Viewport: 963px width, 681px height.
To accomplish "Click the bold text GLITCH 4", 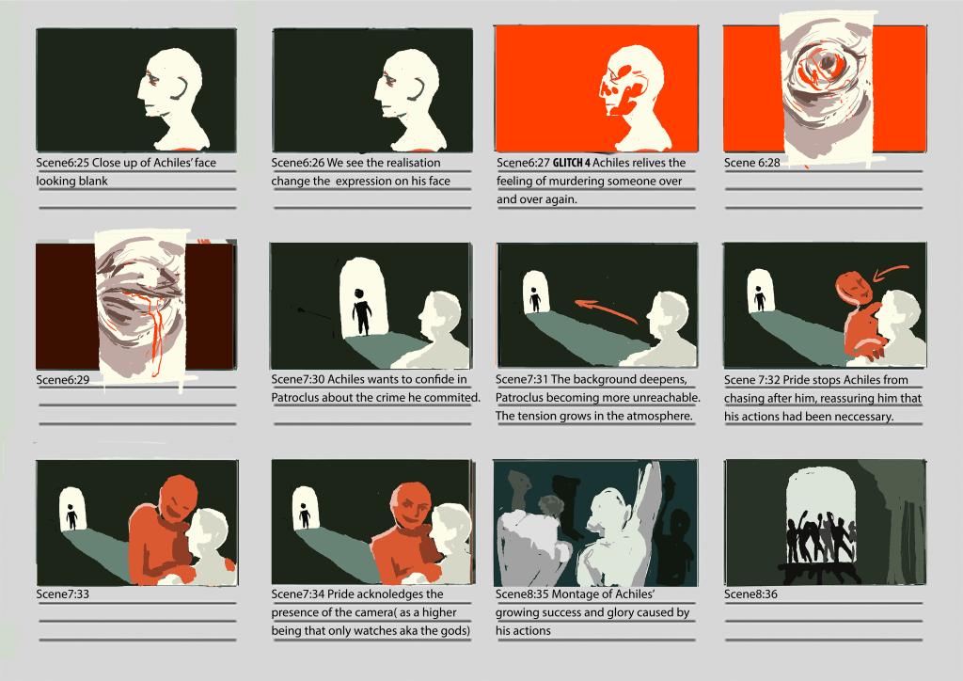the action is (571, 163).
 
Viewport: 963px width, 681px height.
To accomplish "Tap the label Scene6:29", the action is (63, 379).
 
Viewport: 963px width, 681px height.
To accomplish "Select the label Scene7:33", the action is (63, 594).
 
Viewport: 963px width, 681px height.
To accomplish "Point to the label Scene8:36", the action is (750, 594).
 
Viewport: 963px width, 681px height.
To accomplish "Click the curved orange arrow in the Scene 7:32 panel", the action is (890, 273).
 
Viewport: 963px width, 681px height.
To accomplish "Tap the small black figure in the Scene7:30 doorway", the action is (362, 311).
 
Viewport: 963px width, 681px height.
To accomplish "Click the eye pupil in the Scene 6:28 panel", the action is (827, 63).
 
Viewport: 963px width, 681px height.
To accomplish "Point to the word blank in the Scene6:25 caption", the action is (92, 182).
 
